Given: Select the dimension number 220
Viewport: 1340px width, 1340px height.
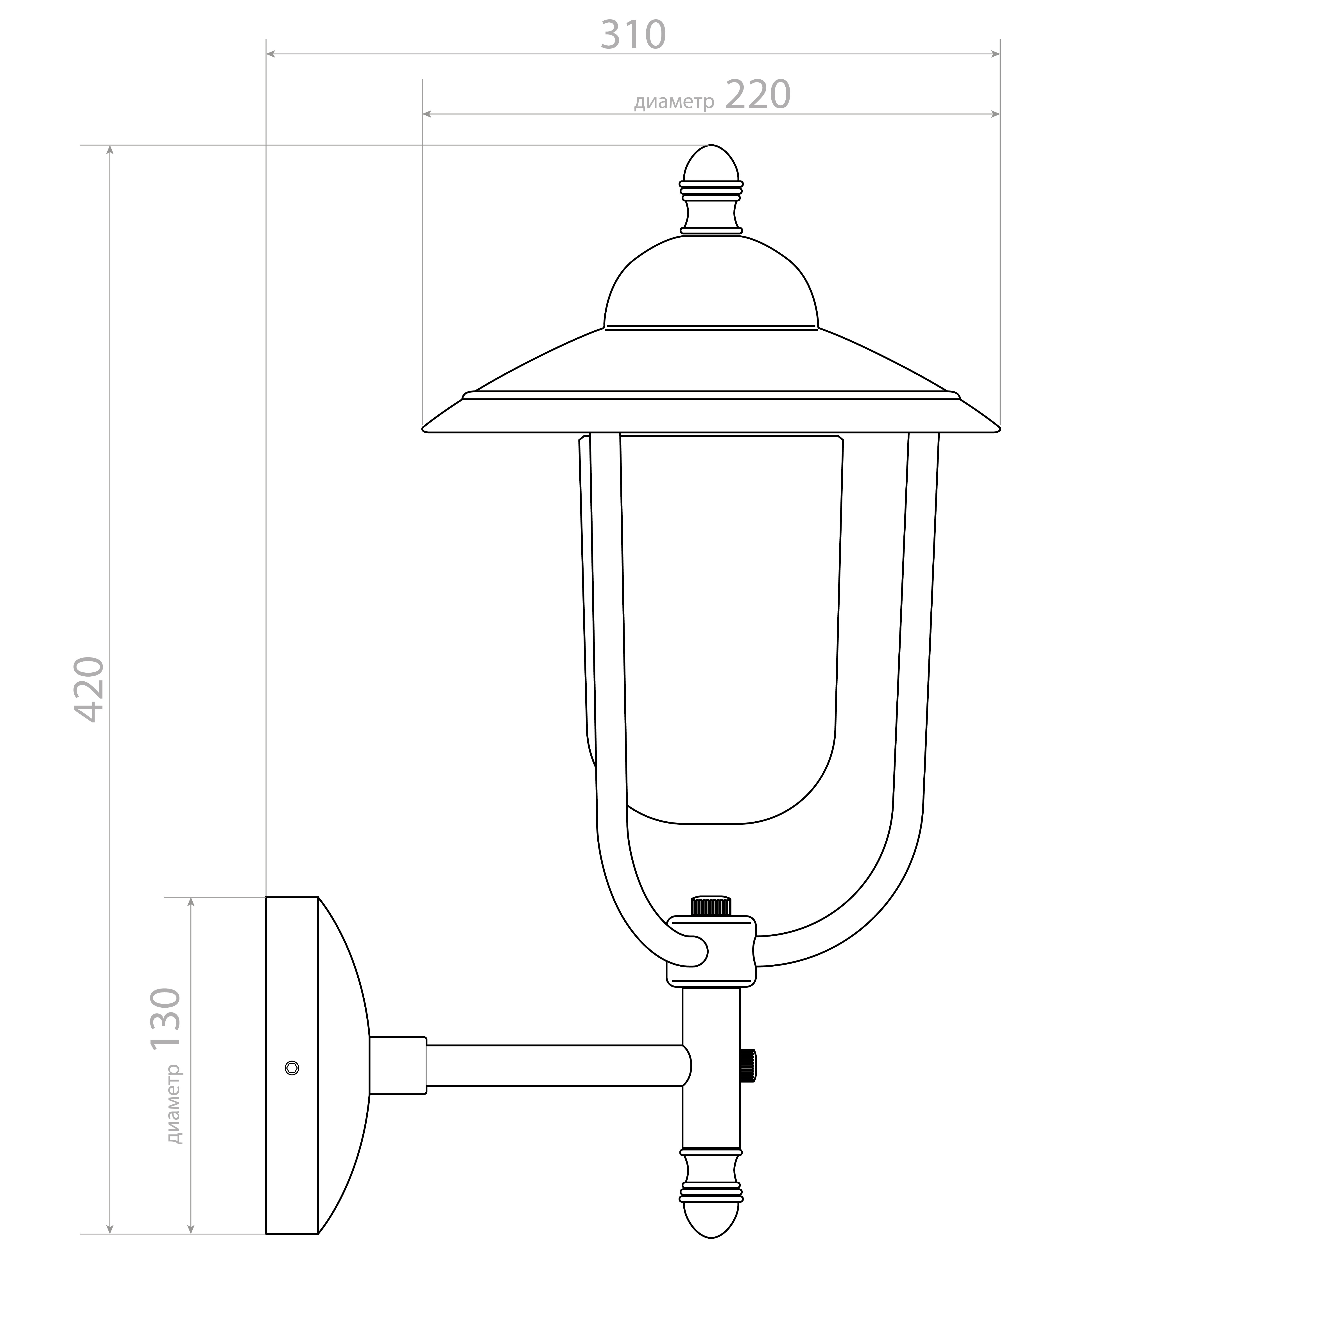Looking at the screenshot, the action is [x=758, y=95].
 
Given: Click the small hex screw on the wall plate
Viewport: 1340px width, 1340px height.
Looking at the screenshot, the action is [x=292, y=1068].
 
